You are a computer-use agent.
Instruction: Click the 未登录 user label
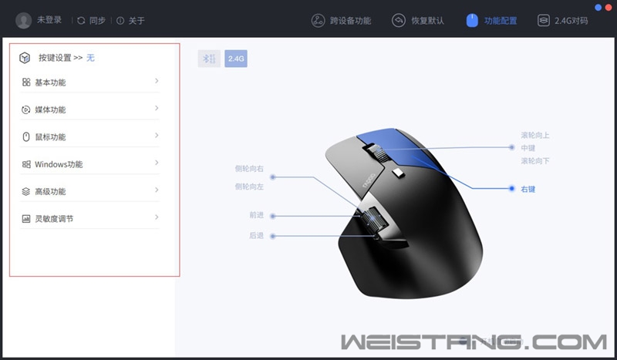click(x=49, y=20)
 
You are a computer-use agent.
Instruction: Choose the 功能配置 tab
click(x=501, y=20)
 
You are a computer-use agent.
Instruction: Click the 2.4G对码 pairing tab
click(x=570, y=20)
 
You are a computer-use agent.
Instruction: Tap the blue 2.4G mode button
click(x=236, y=58)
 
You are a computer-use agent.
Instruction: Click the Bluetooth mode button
click(x=209, y=58)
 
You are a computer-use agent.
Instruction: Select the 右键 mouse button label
click(x=528, y=188)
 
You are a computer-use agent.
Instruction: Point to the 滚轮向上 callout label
click(x=534, y=135)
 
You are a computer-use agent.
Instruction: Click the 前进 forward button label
click(x=256, y=216)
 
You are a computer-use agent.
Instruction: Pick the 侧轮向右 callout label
click(x=249, y=168)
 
